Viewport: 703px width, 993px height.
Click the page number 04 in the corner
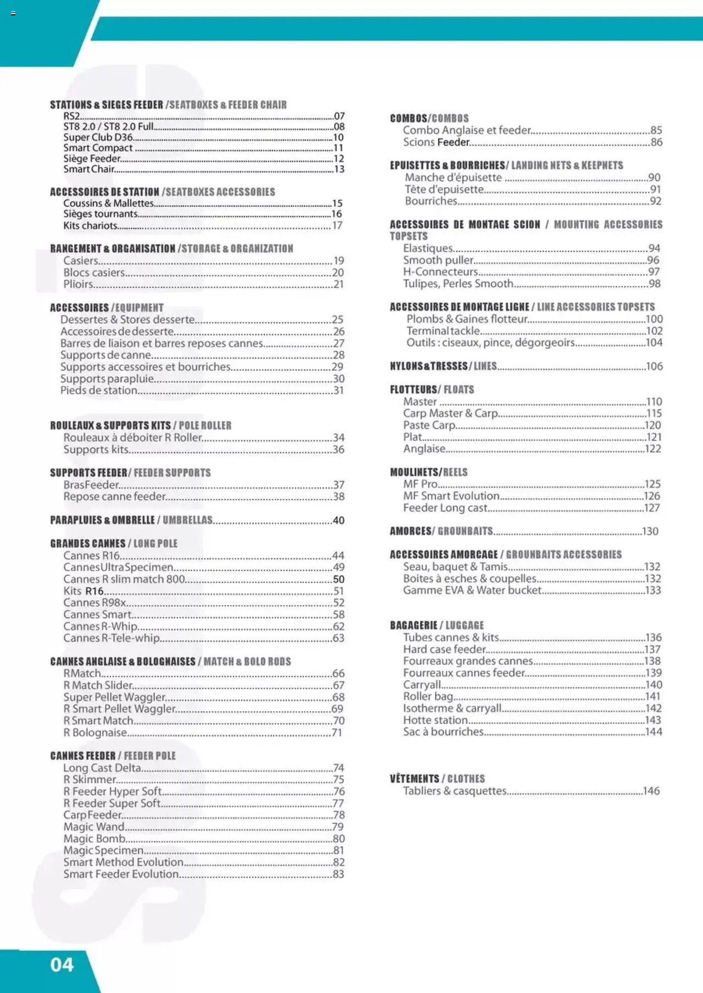tap(62, 964)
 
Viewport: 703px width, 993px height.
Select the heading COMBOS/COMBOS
tap(429, 119)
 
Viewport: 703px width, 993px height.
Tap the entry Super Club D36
tap(98, 137)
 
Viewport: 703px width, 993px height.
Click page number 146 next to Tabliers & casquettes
tap(651, 791)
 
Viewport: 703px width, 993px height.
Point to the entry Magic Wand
tap(93, 826)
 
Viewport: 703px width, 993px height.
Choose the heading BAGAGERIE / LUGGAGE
tap(437, 625)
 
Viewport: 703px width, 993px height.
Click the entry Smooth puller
tap(438, 260)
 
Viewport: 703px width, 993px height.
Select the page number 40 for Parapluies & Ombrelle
tap(338, 520)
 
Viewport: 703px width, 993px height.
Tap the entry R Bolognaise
tap(95, 732)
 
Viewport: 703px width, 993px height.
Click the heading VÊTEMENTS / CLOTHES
tap(437, 778)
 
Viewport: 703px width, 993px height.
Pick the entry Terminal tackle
tap(443, 331)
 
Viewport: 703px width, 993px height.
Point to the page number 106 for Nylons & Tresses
tap(654, 366)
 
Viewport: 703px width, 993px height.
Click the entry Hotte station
tap(435, 720)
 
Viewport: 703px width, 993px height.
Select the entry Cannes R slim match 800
tap(124, 579)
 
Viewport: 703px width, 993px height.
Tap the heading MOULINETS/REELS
tap(428, 472)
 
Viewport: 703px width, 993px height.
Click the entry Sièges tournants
tap(100, 214)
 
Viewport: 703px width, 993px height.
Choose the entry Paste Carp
tap(429, 425)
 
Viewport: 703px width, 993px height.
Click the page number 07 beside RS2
tap(339, 116)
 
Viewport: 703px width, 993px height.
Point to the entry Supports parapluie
tap(107, 379)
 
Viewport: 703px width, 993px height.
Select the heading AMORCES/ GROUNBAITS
tap(440, 531)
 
